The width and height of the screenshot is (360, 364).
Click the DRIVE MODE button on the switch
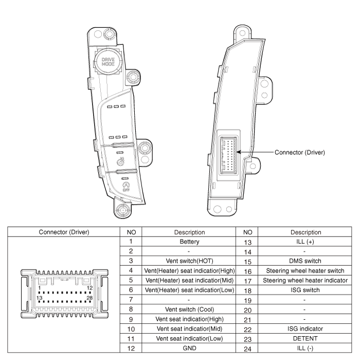click(x=108, y=62)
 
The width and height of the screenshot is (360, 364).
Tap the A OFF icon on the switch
click(x=126, y=187)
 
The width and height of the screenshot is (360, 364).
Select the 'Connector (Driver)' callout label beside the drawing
click(x=300, y=152)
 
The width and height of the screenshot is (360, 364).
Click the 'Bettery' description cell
click(x=189, y=242)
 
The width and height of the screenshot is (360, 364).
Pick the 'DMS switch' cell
click(x=305, y=261)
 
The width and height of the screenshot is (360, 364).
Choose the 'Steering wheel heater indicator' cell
click(x=305, y=280)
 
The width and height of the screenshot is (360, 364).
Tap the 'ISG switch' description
click(x=305, y=290)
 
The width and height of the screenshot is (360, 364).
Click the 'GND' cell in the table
click(x=189, y=348)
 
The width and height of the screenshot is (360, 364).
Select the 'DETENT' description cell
click(x=305, y=338)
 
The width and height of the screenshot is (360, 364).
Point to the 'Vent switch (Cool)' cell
click(x=189, y=310)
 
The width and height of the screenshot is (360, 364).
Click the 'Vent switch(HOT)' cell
click(x=189, y=261)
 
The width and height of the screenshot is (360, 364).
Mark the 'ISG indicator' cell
click(x=305, y=329)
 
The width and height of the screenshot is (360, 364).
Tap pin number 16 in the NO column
click(x=247, y=271)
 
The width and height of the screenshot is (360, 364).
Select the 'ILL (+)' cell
click(x=305, y=242)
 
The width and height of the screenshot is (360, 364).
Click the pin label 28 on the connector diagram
click(x=89, y=298)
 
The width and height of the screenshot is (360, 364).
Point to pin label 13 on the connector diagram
click(x=39, y=298)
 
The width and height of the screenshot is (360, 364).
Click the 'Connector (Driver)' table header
click(x=64, y=232)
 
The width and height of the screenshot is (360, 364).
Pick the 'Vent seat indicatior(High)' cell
click(x=189, y=319)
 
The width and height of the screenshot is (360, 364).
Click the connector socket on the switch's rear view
click(x=228, y=155)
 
